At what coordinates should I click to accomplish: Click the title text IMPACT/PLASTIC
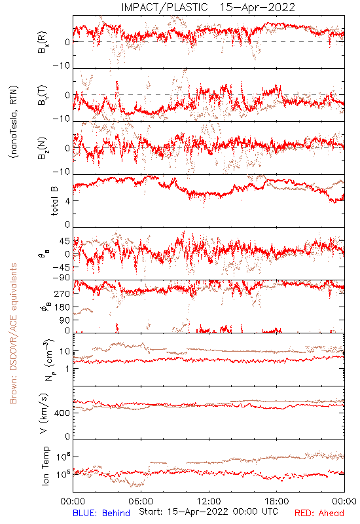click(165, 7)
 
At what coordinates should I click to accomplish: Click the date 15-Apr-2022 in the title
click(257, 7)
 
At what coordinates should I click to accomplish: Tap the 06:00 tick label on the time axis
click(141, 501)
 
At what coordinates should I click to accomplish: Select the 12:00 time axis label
click(209, 501)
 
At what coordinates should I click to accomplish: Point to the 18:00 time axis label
click(277, 501)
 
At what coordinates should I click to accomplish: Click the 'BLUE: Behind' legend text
click(101, 513)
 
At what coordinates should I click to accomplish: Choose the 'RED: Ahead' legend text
click(319, 513)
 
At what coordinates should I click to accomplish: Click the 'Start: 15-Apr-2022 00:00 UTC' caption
click(208, 512)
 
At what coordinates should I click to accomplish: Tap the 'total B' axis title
click(54, 201)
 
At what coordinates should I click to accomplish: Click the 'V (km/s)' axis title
click(44, 413)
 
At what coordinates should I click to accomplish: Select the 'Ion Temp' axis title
click(45, 466)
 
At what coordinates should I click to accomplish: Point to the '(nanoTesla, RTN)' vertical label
click(14, 122)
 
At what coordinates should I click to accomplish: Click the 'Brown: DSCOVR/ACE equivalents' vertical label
click(12, 333)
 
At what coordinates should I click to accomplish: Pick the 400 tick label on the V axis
click(63, 413)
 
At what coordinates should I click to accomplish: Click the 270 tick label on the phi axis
click(62, 293)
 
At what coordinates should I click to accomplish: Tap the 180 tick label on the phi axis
click(62, 307)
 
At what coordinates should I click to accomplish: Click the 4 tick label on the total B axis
click(67, 201)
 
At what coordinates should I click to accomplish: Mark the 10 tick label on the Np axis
click(65, 351)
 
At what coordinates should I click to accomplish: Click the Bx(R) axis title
click(43, 43)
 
